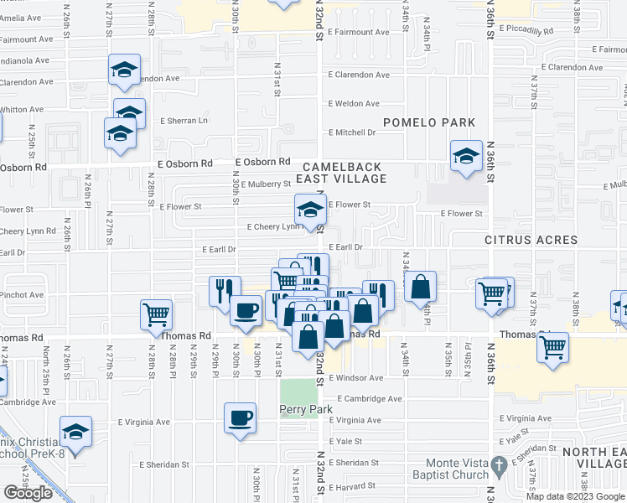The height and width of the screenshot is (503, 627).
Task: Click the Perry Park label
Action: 306,409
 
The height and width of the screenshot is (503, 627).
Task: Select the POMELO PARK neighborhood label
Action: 429,123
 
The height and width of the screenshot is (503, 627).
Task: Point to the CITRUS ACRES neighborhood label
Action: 531,241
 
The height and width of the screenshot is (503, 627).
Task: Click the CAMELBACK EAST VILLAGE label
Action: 345,173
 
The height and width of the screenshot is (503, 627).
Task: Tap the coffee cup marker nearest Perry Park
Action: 240,417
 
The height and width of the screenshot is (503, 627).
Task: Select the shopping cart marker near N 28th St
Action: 157,315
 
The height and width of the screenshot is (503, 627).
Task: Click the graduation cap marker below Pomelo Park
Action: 466,156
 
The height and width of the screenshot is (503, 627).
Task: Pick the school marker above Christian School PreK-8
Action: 76,433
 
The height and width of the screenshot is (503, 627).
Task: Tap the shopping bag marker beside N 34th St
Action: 421,287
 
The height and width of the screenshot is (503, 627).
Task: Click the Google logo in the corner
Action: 28,493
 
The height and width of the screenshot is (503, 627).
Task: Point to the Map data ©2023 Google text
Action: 576,496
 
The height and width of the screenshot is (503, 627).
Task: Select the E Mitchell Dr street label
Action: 352,132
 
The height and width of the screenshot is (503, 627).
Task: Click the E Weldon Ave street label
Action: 354,104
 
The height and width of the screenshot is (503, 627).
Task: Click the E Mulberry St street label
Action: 263,184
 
